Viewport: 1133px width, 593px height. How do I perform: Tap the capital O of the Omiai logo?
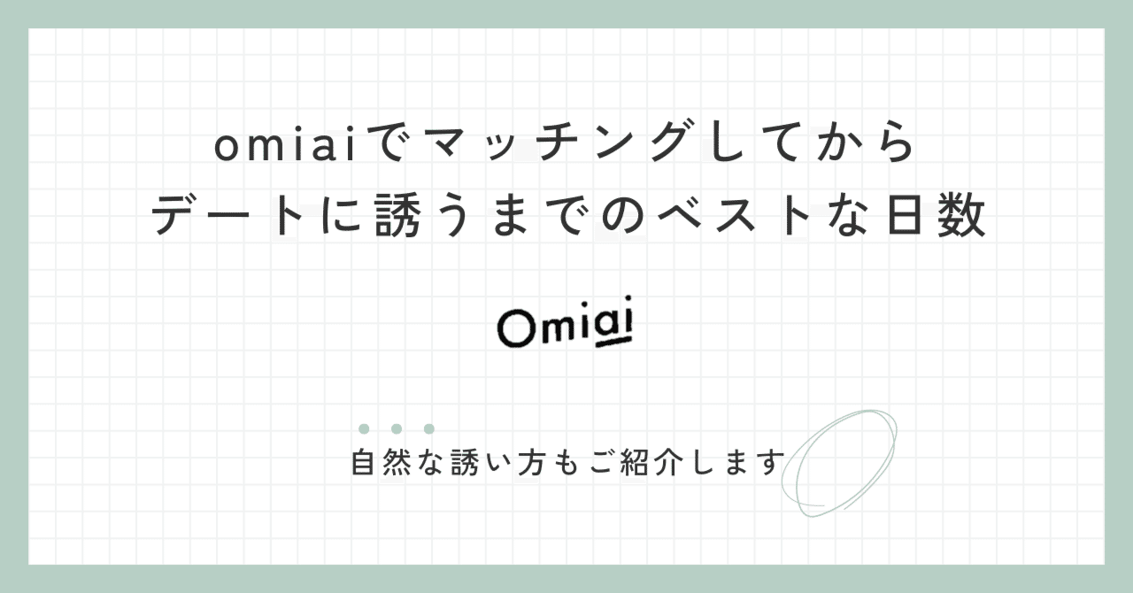coord(514,329)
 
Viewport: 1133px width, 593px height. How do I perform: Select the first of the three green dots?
coord(364,429)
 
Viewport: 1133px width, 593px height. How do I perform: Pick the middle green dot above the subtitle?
coord(397,429)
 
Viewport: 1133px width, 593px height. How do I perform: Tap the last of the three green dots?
coord(429,429)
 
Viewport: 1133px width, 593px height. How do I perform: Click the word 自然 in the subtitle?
coord(382,463)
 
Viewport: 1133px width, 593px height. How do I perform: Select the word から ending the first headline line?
coord(872,146)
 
